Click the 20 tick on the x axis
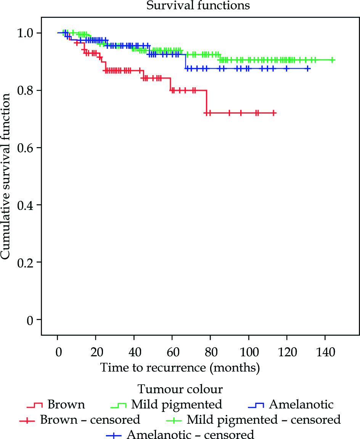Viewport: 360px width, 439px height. [96, 351]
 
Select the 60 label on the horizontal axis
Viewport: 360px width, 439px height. [172, 351]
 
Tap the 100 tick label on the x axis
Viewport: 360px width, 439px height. [248, 351]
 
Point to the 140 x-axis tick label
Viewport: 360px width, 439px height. [325, 351]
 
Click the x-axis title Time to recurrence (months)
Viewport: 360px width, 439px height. [180, 368]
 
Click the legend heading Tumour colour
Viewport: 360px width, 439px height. [180, 389]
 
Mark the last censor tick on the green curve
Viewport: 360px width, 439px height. [332, 60]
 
